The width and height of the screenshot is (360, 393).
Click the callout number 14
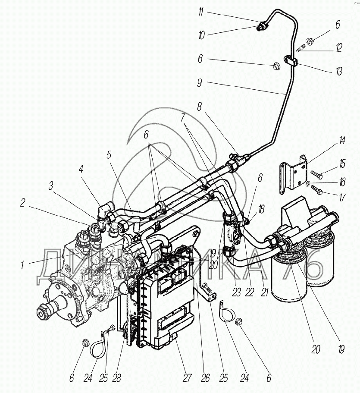pos(342,140)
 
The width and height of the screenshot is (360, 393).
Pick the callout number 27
pos(186,378)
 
